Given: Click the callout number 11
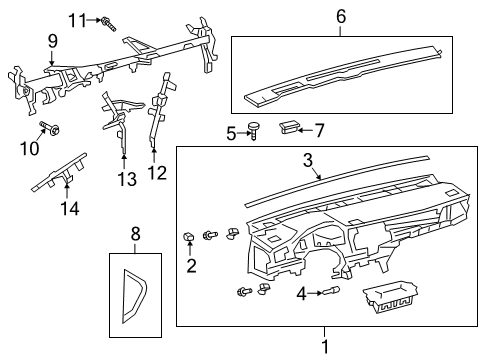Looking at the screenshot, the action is (77, 21).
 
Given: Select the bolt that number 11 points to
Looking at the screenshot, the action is (109, 23).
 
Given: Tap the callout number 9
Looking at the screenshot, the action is (52, 41).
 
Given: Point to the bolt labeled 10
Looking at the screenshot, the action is (50, 128).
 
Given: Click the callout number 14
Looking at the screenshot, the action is (70, 209).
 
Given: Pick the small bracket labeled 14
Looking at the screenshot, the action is (60, 172).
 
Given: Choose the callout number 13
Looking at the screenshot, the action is (127, 179).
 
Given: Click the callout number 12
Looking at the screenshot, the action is (158, 173).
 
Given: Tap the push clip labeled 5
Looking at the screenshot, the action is (254, 131).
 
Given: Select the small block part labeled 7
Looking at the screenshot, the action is (288, 128).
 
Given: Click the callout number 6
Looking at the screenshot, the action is (341, 16).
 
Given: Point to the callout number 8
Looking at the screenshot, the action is (135, 234).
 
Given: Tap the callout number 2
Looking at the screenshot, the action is (191, 266).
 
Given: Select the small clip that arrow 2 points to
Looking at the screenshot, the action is (189, 236).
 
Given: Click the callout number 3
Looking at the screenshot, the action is (308, 160).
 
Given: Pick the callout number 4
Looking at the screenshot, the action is (302, 294).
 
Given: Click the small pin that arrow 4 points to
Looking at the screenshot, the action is (331, 291).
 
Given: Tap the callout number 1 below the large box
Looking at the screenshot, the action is (325, 347).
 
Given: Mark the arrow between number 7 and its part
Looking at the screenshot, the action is (305, 130).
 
